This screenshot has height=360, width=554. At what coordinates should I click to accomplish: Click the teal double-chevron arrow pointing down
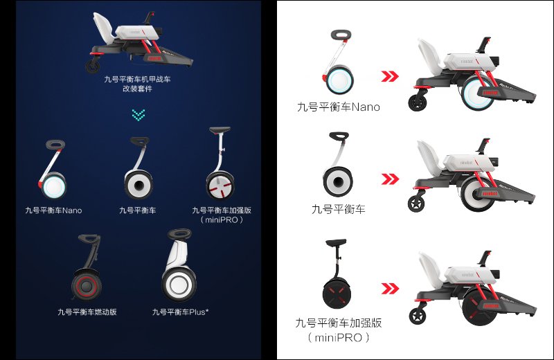138,115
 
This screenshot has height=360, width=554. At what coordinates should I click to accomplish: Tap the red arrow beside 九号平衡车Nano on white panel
390,76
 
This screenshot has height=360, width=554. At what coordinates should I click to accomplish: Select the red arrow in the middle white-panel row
390,179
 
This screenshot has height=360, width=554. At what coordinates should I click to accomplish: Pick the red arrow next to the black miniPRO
390,288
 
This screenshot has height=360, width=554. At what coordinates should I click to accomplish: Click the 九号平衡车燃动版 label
87,312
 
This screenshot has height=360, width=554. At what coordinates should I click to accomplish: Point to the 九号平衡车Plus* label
180,312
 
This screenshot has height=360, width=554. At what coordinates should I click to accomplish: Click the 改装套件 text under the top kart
137,89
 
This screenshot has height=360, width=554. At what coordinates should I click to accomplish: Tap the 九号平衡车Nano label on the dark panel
54,210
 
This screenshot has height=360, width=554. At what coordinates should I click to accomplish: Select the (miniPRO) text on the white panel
339,338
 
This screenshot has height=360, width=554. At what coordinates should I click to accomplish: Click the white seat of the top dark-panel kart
103,26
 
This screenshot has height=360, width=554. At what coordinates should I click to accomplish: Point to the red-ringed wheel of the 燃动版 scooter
87,285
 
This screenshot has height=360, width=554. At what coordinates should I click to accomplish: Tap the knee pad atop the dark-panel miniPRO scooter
220,130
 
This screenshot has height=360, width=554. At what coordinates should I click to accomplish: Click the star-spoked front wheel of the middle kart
417,204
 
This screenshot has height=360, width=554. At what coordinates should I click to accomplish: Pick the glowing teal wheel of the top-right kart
478,93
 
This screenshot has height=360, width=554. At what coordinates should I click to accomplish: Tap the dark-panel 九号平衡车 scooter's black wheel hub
138,185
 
